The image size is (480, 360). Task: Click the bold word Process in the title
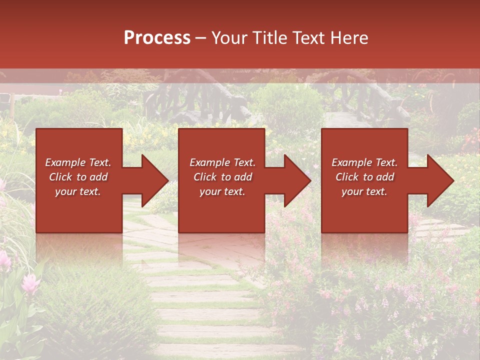157,38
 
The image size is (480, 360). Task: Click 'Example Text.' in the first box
78,162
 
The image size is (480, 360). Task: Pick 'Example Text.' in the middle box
222,162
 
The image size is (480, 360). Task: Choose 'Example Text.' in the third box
364,162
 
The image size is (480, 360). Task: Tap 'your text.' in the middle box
222,191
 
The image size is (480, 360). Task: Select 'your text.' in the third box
364,191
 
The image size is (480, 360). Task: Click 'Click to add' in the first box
78,177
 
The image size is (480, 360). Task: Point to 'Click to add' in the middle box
222,177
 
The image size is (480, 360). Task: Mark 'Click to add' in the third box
364,177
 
